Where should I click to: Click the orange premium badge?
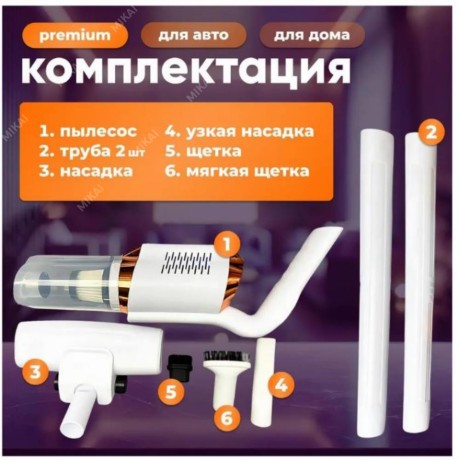pos(75,35)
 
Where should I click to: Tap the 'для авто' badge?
pos(193,35)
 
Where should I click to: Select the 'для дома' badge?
pos(312,35)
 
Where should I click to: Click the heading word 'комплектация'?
pos(186,71)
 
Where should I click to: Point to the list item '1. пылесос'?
pos(88,131)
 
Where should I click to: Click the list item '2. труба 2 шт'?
pos(92,151)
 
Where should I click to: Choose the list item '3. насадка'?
pos(86,171)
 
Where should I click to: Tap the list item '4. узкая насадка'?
pos(239,131)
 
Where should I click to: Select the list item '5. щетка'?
pos(203,151)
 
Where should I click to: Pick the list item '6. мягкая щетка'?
pos(237,171)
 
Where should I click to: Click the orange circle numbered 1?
pos(227,245)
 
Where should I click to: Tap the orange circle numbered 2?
pos(431,133)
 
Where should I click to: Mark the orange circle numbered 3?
pos(35,372)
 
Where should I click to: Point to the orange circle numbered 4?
pos(281,386)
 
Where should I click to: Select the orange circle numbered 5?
pos(171,392)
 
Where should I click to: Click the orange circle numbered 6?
pos(227,417)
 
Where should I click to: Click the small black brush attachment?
pos(180,366)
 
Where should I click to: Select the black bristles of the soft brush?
pos(227,356)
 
